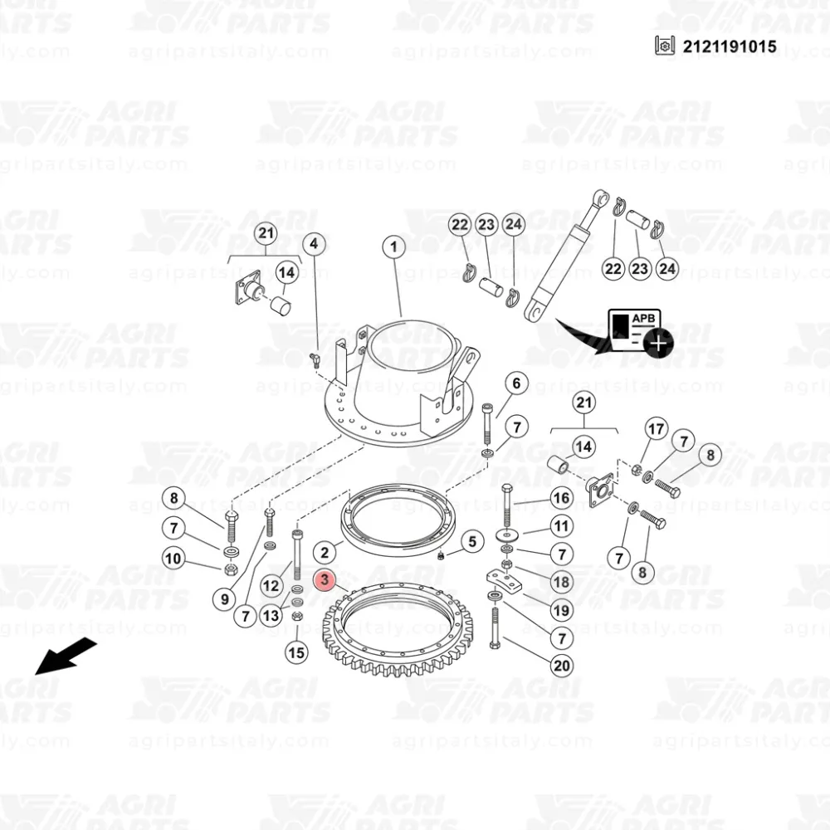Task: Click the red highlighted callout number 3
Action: point(325,579)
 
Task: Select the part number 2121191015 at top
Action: point(730,46)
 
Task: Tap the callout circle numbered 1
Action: point(393,247)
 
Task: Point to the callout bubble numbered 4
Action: point(314,244)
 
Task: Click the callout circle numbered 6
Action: point(516,383)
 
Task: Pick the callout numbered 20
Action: point(562,666)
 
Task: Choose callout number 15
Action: point(296,652)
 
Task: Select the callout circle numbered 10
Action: point(173,558)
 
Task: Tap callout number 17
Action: point(656,429)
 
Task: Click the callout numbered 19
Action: point(561,610)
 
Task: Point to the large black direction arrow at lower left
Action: point(66,657)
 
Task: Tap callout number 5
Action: point(472,541)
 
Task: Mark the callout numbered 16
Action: point(561,497)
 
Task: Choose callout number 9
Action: point(224,599)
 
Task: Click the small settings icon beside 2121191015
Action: point(665,46)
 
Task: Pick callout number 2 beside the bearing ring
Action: point(325,553)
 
